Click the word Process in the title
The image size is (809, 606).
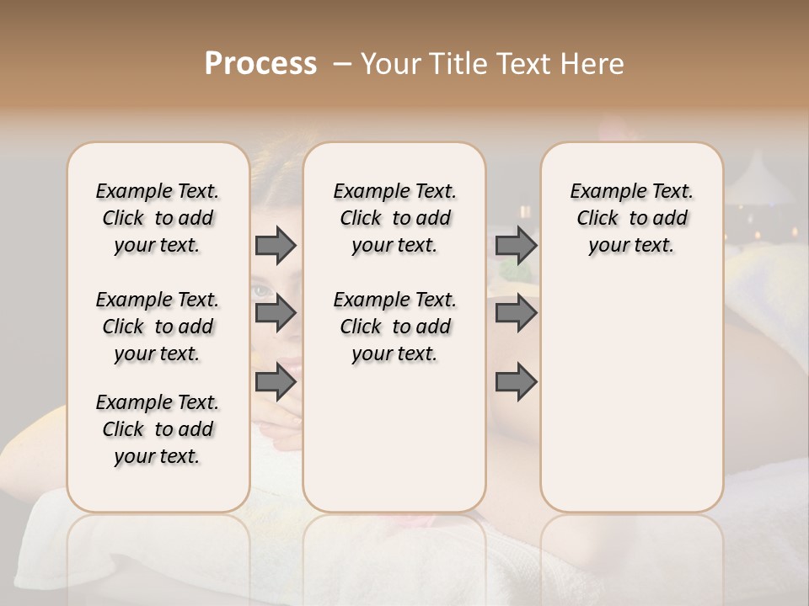pyautogui.click(x=260, y=64)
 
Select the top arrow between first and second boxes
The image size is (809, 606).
pyautogui.click(x=276, y=245)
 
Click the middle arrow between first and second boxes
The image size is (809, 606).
pyautogui.click(x=276, y=314)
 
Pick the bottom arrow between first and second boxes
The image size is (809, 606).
pyautogui.click(x=276, y=382)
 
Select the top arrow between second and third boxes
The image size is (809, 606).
pyautogui.click(x=516, y=245)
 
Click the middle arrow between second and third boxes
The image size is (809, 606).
pyautogui.click(x=516, y=314)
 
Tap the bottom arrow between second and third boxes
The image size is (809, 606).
pyautogui.click(x=516, y=382)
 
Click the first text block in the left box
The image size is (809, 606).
pyautogui.click(x=158, y=218)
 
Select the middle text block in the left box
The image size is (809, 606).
pyautogui.click(x=158, y=327)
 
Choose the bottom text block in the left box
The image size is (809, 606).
pyautogui.click(x=158, y=429)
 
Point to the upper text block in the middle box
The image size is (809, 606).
pyautogui.click(x=394, y=218)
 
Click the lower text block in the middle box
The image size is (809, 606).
pyautogui.click(x=394, y=327)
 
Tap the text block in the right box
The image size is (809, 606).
pyautogui.click(x=632, y=218)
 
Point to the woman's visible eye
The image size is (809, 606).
pyautogui.click(x=263, y=291)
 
